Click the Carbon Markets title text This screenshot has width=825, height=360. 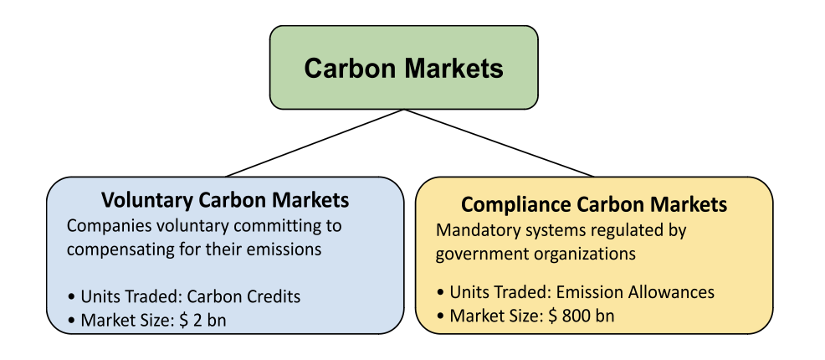click(x=403, y=68)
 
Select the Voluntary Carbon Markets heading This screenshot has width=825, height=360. click(x=225, y=201)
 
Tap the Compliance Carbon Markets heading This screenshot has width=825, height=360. click(x=594, y=204)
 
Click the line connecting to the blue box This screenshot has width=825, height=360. click(x=314, y=143)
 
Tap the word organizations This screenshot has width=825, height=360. click(x=582, y=252)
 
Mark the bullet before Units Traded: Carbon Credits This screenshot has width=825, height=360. click(x=73, y=297)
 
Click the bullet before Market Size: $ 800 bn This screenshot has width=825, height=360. click(x=441, y=316)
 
